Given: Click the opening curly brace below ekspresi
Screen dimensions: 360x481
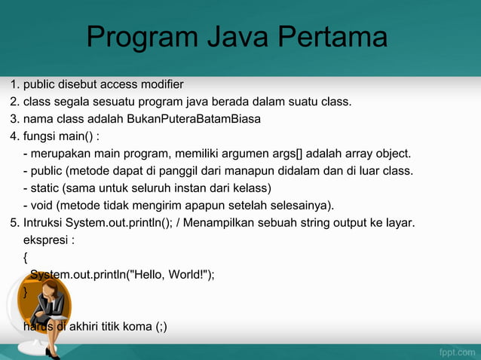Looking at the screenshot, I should pos(26,258).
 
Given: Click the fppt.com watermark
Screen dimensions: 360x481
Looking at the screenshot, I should pos(456,351).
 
